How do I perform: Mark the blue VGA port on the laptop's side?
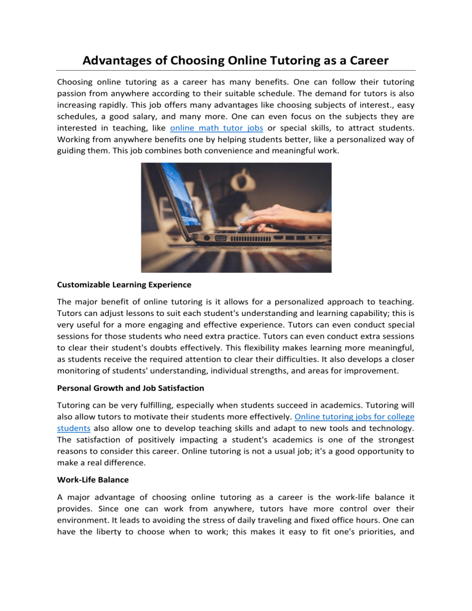tap(221, 237)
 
